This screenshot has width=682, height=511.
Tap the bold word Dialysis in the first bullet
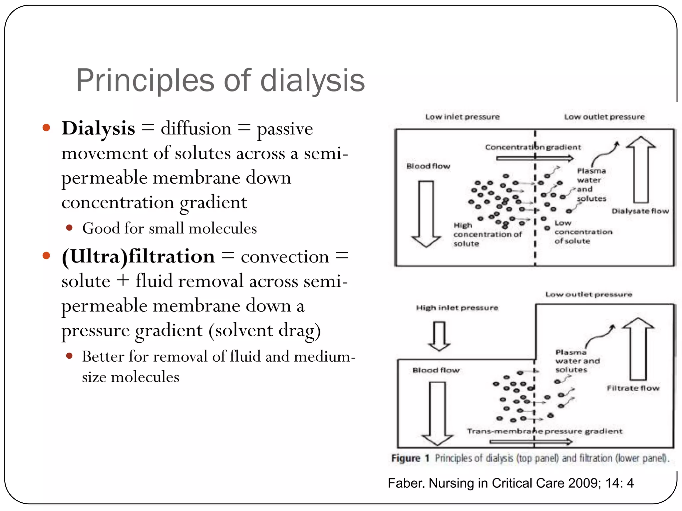pos(99,128)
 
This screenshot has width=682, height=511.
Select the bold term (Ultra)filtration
pos(138,256)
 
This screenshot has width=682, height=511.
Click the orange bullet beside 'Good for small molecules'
pos(69,228)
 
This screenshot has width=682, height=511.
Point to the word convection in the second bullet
pos(285,257)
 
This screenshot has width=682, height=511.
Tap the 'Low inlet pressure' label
pos(463,117)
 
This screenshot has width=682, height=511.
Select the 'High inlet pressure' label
pos(457,308)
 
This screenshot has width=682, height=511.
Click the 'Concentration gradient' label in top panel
pos(532,147)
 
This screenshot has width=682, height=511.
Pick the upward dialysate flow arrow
pos(641,170)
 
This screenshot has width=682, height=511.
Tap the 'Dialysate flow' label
pos(640,211)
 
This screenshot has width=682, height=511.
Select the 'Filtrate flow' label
pos(633,388)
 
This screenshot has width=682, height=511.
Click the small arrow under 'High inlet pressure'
pos(439,336)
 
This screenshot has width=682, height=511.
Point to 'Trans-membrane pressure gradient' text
pos(544,431)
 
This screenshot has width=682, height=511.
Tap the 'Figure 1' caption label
pos(410,458)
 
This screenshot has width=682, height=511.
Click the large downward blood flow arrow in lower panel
pos(437,413)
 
